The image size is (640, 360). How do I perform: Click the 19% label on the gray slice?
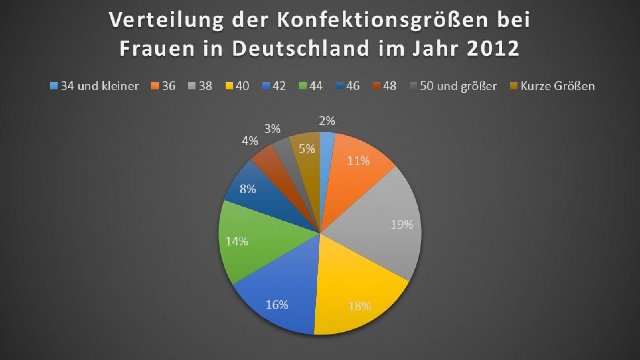click(402, 225)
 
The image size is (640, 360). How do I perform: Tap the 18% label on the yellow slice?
click(359, 306)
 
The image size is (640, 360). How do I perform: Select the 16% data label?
click(277, 305)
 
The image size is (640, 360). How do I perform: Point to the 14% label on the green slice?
click(237, 241)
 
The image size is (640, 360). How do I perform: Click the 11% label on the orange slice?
click(358, 161)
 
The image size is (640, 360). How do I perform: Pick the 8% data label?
click(248, 189)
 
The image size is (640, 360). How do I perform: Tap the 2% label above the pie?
click(327, 121)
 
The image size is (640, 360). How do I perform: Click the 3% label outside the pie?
click(272, 129)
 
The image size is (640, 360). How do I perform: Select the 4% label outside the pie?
click(250, 141)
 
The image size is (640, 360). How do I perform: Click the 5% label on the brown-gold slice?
click(307, 149)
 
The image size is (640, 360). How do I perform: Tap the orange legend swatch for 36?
click(155, 86)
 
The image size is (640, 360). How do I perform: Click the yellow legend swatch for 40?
click(229, 86)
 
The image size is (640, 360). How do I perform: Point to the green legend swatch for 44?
click(302, 86)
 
